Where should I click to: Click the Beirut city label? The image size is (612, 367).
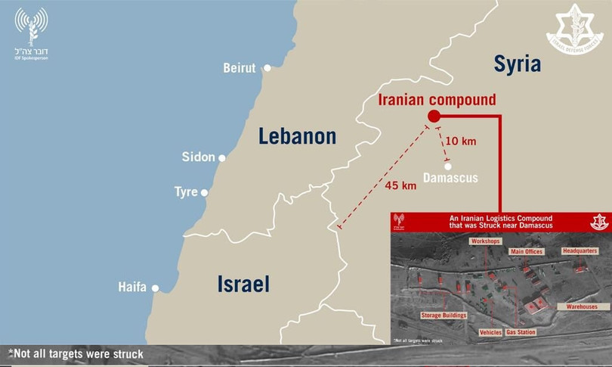click(x=240, y=68)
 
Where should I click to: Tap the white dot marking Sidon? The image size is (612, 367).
click(x=222, y=158)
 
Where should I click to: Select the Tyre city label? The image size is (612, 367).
click(x=186, y=192)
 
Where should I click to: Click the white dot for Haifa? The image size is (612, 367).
click(x=156, y=288)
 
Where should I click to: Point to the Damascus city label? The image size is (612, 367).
click(x=450, y=179)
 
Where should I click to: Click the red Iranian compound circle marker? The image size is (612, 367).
click(x=434, y=116)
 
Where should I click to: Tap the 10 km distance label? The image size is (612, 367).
click(x=462, y=141)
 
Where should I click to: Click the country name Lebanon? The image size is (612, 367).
click(x=297, y=136)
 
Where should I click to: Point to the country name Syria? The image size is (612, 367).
click(x=518, y=64)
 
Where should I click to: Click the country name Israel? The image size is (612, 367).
click(x=243, y=285)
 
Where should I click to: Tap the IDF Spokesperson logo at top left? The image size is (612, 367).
click(x=31, y=33)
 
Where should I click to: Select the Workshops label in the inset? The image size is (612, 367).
click(x=485, y=241)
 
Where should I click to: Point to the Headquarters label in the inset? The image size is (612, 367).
click(x=580, y=250)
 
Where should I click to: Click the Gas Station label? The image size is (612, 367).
click(x=521, y=332)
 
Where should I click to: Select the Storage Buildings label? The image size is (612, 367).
click(x=444, y=315)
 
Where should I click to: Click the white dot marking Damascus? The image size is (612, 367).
click(x=448, y=166)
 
